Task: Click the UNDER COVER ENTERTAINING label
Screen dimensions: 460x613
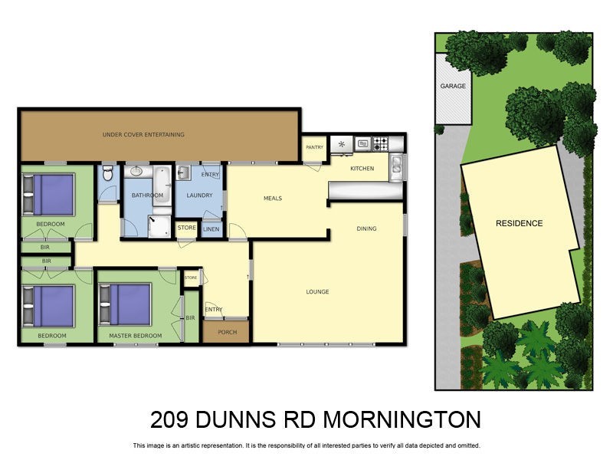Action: [143, 134]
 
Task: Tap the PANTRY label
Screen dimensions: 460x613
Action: [314, 147]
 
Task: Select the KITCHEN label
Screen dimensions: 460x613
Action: [362, 169]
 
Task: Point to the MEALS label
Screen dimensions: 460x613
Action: [273, 199]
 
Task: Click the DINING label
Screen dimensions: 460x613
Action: [366, 228]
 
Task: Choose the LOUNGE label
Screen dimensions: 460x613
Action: [317, 291]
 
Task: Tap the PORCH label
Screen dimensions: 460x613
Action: [228, 332]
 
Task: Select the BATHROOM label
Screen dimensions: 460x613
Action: [147, 195]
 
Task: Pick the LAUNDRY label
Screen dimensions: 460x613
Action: [199, 195]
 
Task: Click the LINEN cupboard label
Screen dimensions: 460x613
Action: [211, 228]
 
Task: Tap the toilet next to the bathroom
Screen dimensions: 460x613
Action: [108, 174]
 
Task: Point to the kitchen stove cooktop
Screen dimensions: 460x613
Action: [381, 143]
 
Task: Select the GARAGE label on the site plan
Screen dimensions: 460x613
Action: [453, 86]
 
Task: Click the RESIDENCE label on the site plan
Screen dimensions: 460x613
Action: [519, 224]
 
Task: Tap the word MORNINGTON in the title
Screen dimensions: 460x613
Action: [402, 420]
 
